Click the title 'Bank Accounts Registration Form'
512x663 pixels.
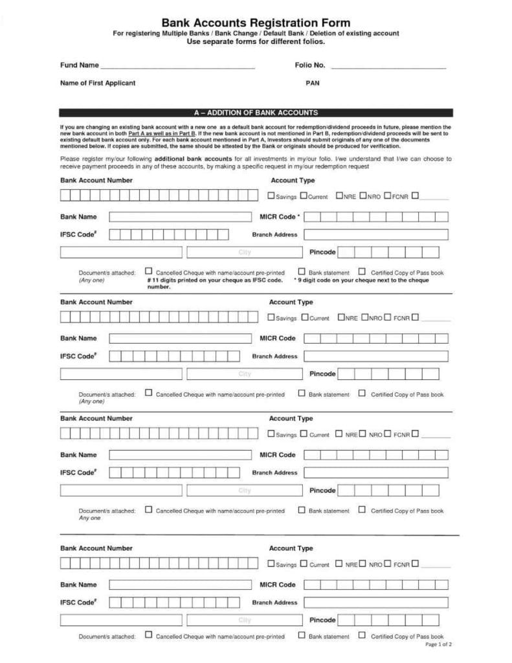tap(256, 23)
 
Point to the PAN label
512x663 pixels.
tap(312, 84)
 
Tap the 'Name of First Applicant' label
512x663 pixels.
tap(97, 84)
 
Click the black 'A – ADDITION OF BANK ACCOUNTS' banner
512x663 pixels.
tap(256, 113)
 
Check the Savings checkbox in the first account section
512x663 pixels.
tap(271, 196)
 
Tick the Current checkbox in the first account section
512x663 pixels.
tap(304, 196)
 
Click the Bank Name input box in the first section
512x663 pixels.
tap(179, 217)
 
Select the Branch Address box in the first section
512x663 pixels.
tap(375, 234)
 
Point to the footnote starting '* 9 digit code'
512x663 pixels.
tap(361, 280)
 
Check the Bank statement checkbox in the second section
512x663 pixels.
tap(302, 393)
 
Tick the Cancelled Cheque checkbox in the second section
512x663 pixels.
tap(149, 393)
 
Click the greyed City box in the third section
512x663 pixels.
tap(244, 490)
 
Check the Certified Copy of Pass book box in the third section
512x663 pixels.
tap(362, 510)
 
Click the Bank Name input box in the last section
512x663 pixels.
tap(179, 585)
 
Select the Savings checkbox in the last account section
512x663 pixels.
tap(271, 563)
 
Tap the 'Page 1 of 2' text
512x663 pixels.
tap(438, 645)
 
